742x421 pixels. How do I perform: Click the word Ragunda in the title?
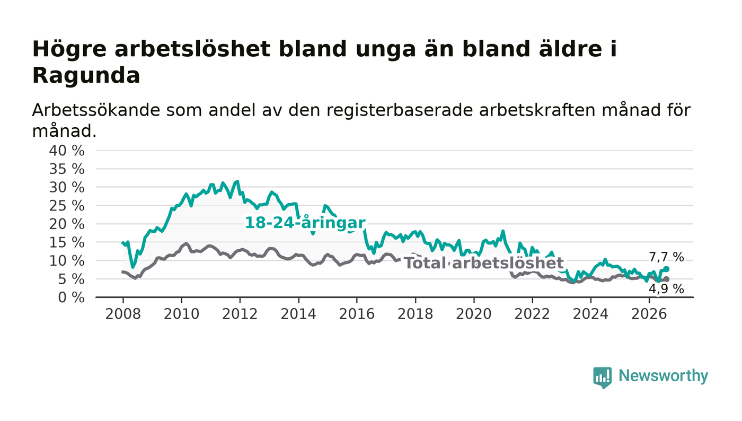tap(86, 76)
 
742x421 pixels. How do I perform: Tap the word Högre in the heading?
tap(69, 50)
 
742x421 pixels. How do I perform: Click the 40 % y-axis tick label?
tap(67, 151)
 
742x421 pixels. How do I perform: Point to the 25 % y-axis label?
tap(67, 206)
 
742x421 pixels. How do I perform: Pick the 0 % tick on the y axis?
tap(71, 297)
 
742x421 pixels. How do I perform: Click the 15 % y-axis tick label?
tap(67, 243)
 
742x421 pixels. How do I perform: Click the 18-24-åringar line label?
tap(305, 223)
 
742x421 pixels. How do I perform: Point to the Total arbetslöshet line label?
tap(484, 263)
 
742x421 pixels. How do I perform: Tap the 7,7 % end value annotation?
tap(666, 257)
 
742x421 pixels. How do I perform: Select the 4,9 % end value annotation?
tap(666, 289)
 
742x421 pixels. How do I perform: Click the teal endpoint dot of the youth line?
tap(667, 269)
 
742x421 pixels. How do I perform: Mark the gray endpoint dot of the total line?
tap(667, 279)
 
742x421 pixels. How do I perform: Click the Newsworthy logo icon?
tap(603, 377)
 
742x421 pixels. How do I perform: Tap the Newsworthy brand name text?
tap(663, 376)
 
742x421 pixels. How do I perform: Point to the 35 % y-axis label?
tap(67, 169)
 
